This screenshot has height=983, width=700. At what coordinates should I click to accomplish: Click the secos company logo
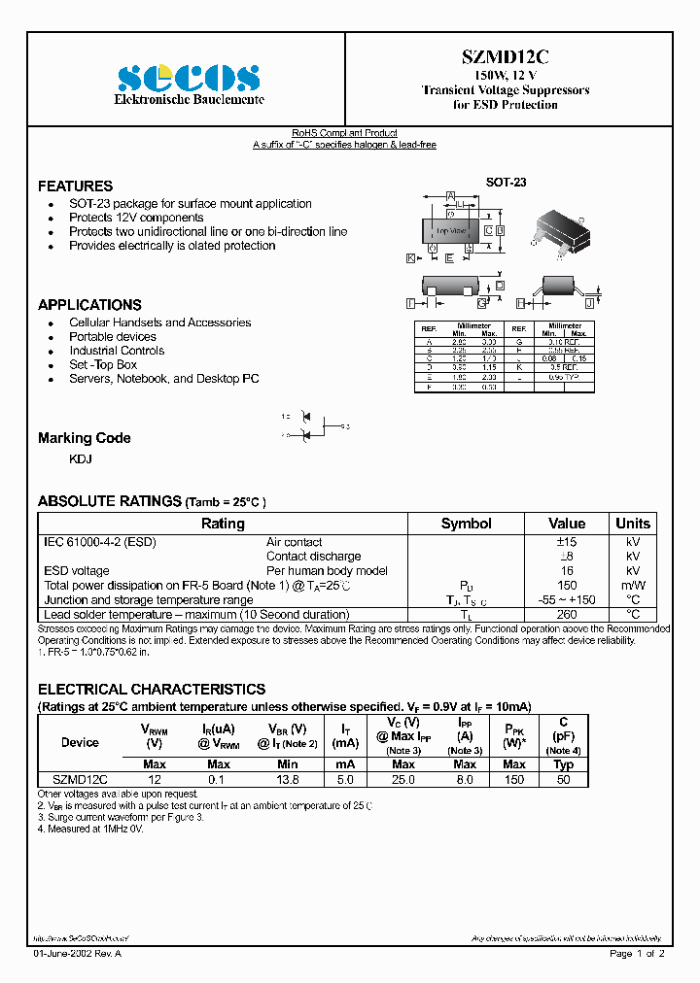click(x=188, y=78)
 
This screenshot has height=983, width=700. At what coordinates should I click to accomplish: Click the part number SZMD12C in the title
click(x=506, y=58)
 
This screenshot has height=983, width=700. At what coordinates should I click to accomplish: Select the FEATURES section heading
click(x=75, y=186)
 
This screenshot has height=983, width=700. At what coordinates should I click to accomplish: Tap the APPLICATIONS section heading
click(x=89, y=304)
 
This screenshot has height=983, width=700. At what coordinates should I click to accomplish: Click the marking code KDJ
click(x=81, y=458)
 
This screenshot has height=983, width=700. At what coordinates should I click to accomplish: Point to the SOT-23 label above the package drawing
click(x=506, y=182)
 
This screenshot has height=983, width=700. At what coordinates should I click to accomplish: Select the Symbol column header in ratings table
click(x=466, y=524)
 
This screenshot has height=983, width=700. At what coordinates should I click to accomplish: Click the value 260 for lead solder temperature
click(x=567, y=614)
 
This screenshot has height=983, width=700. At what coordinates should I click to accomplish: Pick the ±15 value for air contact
click(x=567, y=542)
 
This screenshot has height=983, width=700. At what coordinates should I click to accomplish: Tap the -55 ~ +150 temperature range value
click(x=567, y=599)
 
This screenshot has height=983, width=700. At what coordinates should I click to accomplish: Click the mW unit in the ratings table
click(x=633, y=585)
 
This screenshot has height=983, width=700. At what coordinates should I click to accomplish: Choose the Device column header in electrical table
click(x=80, y=742)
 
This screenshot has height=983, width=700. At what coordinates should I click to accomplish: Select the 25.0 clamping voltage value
click(x=403, y=779)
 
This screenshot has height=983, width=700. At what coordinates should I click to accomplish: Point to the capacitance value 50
click(x=563, y=779)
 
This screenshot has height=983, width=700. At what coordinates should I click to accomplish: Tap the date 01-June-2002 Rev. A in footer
click(x=78, y=954)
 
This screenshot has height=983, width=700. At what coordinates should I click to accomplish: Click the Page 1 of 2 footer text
click(x=637, y=954)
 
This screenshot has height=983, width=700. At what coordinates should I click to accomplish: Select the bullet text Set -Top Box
click(x=103, y=364)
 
